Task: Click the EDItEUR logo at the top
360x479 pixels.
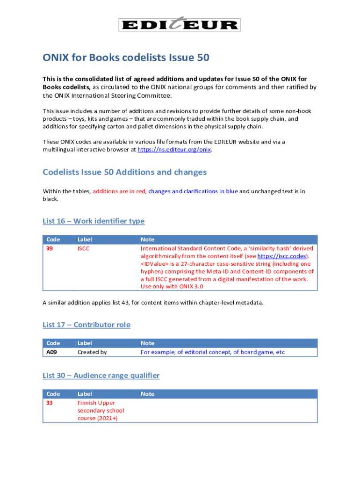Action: [180, 24]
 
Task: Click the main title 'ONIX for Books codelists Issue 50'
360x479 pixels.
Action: [126, 58]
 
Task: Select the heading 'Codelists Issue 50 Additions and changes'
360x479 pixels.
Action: [124, 172]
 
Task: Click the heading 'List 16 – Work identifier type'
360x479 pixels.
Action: [94, 221]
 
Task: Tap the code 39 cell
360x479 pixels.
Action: [50, 249]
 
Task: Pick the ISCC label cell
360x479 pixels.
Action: [83, 249]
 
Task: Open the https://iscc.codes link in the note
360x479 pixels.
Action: [283, 256]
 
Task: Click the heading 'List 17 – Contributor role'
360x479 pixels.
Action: [86, 325]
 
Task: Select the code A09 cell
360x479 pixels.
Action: [51, 352]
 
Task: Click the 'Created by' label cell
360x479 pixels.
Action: [92, 352]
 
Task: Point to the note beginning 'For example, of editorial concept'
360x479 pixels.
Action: [213, 352]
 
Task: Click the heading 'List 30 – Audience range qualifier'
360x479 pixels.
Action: [101, 376]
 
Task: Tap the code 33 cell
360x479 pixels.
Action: [50, 403]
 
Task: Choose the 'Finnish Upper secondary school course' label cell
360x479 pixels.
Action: [101, 410]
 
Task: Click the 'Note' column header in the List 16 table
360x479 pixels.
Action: [147, 239]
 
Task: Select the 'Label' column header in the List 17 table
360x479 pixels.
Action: [85, 343]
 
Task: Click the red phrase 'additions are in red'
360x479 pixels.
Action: [119, 191]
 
